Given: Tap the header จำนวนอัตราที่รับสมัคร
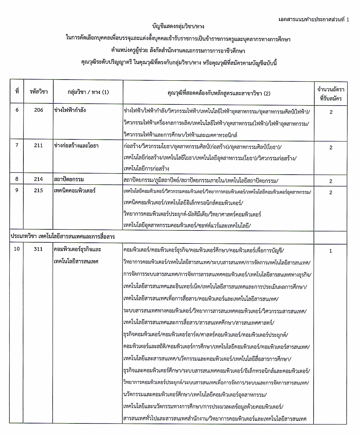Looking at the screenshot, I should pos(330,93).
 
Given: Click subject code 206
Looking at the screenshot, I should pos(39,111).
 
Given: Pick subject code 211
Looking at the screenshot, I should pos(39,146).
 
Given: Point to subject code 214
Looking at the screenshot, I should pos(39,179).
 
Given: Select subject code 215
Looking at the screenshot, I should pos(39,190).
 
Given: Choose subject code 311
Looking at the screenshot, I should pos(39,249).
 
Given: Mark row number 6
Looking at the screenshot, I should pos(17,111).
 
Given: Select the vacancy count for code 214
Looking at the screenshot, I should pos(330,181).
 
